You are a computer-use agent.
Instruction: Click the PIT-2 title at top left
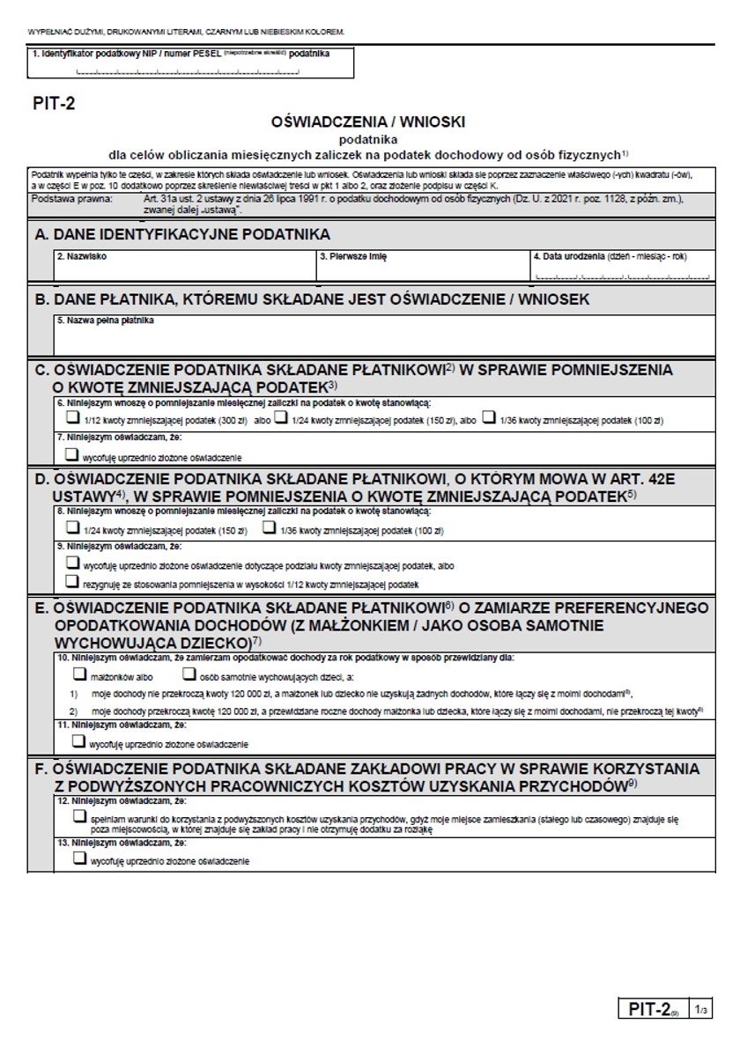tap(55, 103)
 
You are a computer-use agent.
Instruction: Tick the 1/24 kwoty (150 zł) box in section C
tap(281, 419)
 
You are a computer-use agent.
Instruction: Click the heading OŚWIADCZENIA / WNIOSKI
tap(369, 122)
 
